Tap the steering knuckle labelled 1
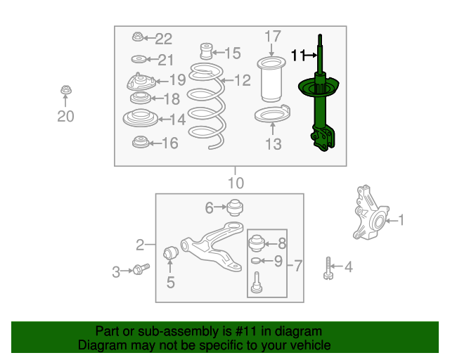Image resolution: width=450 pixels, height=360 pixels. pos(371,213)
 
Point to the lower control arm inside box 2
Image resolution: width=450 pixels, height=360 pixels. pos(212,247)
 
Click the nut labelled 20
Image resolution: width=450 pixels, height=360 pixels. pos(66,90)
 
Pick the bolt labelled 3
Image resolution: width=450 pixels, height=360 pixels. pos(141,269)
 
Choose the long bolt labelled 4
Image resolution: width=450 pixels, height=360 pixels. pos(328,269)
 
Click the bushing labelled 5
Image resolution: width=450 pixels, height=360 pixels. pos(171,252)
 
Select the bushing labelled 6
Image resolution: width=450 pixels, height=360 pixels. pos(235,207)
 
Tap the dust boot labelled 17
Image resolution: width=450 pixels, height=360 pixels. pos(271,79)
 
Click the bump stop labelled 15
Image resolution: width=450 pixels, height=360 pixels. pos(206,51)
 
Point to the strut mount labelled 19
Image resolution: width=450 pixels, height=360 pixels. pos(141,82)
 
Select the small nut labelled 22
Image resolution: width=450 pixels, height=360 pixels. pos(138,37)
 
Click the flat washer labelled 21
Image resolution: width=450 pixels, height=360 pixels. pos(139,60)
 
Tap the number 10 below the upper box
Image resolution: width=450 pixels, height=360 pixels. pos(236,183)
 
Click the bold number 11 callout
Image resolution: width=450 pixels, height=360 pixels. pos(298,55)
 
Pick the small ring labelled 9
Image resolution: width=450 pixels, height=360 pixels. pos(256,261)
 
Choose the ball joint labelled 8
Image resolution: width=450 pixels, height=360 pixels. pos(256,243)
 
